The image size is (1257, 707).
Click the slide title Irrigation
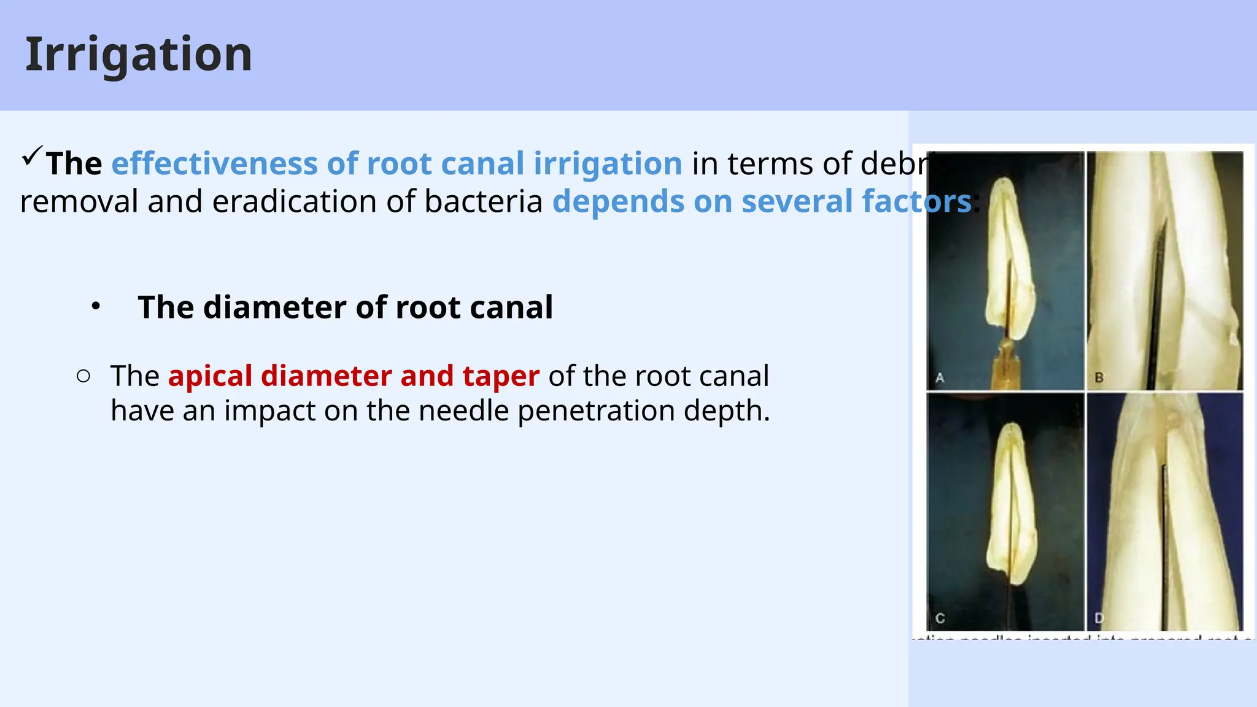[x=139, y=55]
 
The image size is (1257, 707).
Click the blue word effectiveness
[x=214, y=164]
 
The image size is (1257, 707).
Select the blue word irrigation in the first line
[x=607, y=164]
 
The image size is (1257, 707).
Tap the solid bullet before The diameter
[x=96, y=306]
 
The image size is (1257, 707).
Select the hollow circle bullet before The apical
[x=84, y=376]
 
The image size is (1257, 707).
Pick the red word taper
[x=501, y=377]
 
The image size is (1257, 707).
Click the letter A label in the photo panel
[x=940, y=378]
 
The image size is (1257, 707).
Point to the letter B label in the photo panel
[x=1099, y=378]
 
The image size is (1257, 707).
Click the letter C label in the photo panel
[x=940, y=617]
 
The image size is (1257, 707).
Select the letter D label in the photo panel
[x=1099, y=617]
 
